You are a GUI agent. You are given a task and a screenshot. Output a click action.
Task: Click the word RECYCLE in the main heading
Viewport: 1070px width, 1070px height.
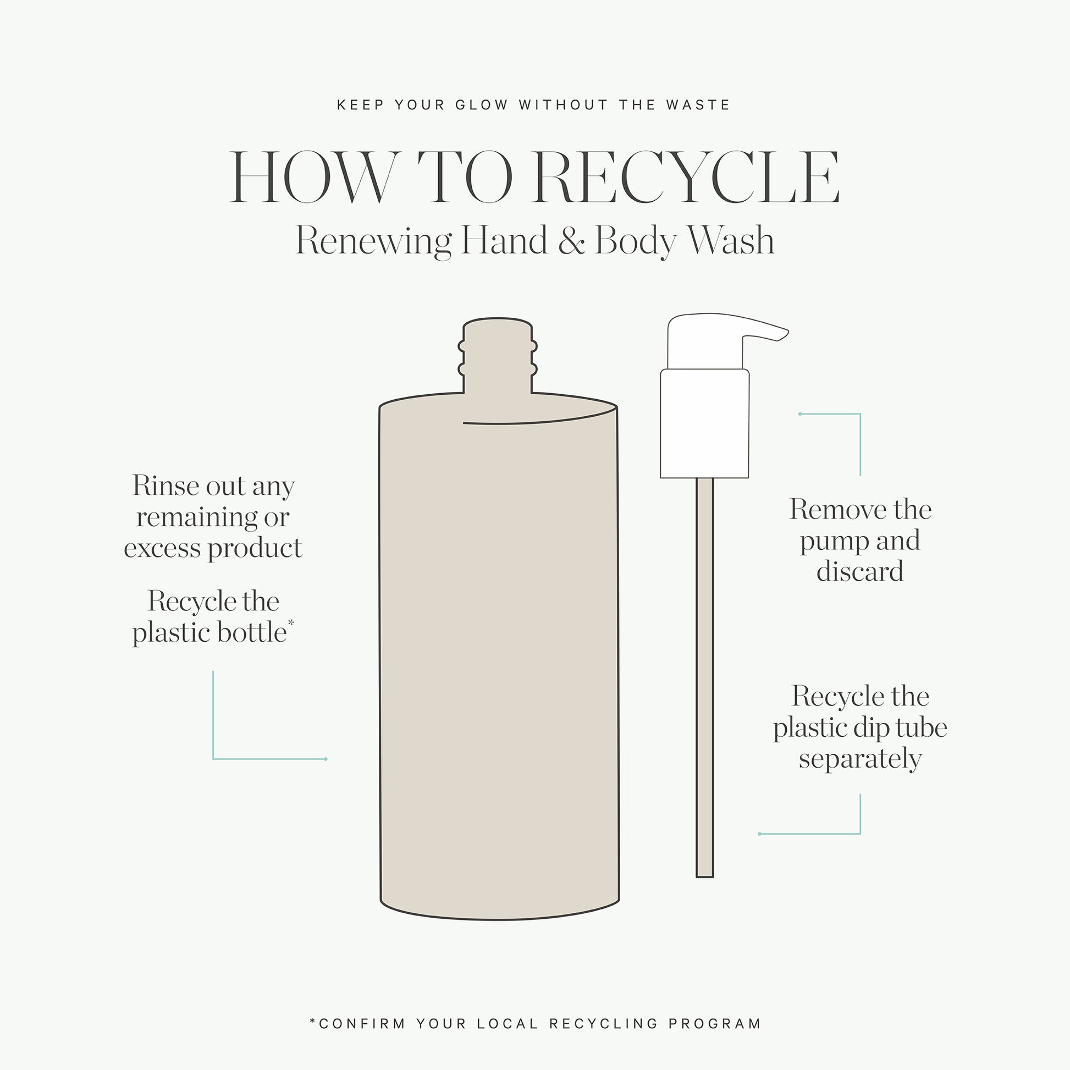click(x=688, y=177)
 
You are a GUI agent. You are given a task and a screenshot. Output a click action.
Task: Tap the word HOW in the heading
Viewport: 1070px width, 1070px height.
click(x=314, y=177)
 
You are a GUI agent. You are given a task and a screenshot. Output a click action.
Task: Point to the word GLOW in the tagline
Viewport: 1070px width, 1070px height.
click(x=481, y=104)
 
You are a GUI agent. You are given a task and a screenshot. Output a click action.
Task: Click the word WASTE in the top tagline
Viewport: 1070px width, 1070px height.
click(x=698, y=104)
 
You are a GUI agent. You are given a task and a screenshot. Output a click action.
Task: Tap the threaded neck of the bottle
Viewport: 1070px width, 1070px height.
click(x=498, y=356)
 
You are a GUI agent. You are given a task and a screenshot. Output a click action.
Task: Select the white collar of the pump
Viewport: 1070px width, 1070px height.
click(x=704, y=423)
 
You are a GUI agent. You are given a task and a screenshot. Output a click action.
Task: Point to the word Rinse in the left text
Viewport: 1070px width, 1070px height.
click(x=166, y=486)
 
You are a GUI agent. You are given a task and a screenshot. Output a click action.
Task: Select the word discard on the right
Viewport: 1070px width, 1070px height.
click(x=860, y=571)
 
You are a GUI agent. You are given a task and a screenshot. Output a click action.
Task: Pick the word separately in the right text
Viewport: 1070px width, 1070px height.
click(x=860, y=759)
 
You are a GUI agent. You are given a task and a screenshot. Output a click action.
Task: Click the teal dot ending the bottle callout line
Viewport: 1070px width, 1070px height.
click(x=326, y=759)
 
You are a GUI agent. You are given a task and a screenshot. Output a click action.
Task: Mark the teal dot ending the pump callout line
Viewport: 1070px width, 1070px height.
click(x=799, y=413)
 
